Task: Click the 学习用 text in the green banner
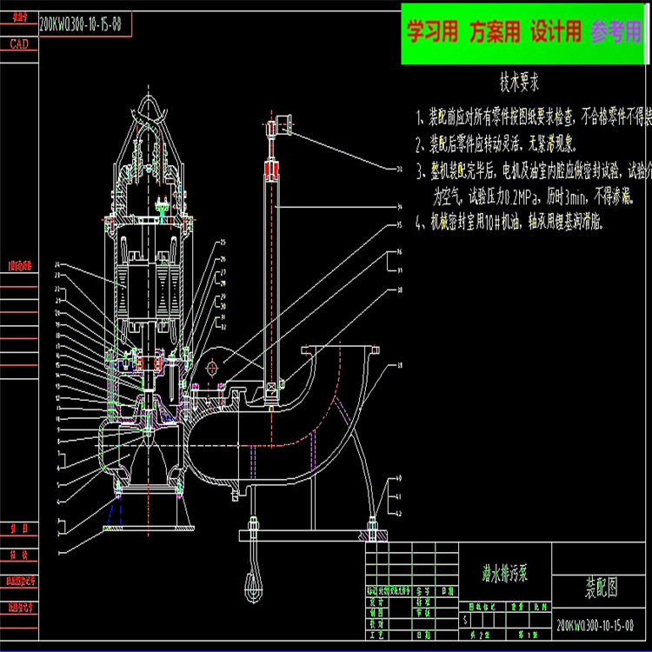[x=433, y=33]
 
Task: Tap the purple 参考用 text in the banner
[x=615, y=33]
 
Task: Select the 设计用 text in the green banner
[x=556, y=33]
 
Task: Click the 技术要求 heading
[x=520, y=83]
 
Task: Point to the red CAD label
[x=18, y=43]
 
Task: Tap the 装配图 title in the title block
[x=600, y=589]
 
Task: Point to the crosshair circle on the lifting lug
[x=211, y=367]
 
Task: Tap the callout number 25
[x=223, y=242]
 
